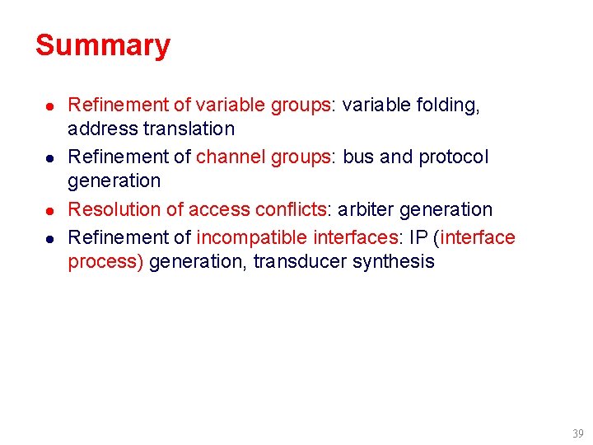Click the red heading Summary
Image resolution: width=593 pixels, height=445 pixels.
(x=103, y=45)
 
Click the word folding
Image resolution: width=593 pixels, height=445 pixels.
(x=449, y=105)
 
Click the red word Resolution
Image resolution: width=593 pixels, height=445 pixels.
(x=114, y=210)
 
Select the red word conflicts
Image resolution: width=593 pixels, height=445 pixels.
(x=290, y=210)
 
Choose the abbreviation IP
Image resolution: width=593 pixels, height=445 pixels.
(x=418, y=238)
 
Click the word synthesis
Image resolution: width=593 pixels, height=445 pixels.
(x=395, y=262)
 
